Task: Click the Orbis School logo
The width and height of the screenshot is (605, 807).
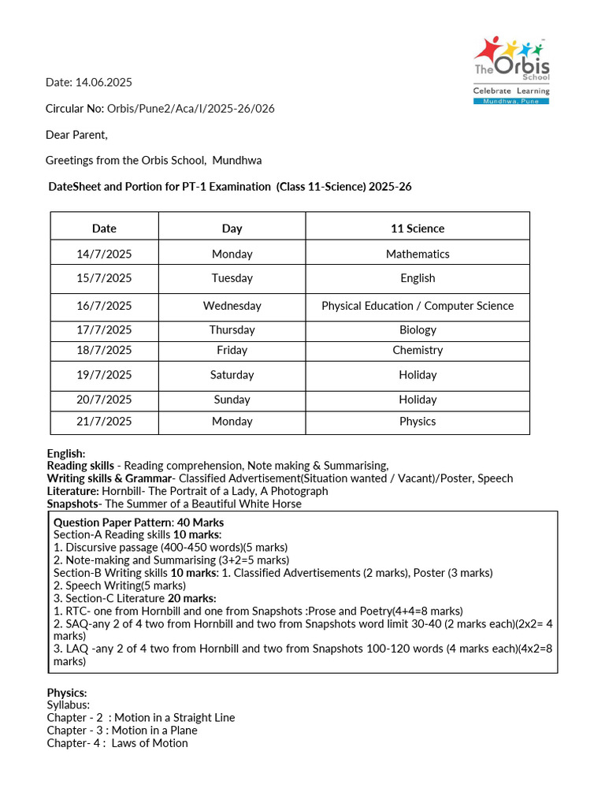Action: (x=511, y=69)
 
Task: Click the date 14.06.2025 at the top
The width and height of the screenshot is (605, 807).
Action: (x=103, y=82)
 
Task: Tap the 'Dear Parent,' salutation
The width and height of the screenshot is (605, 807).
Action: (x=76, y=135)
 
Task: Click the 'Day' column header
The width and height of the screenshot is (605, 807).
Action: (x=232, y=229)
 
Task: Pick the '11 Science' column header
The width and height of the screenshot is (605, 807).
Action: (x=418, y=229)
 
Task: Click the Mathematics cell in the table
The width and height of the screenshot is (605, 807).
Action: (x=418, y=254)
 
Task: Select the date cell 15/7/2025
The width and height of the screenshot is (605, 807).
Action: (x=104, y=278)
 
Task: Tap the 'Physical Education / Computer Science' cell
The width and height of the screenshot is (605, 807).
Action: (x=418, y=306)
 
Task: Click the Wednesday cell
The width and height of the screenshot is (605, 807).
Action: (x=232, y=306)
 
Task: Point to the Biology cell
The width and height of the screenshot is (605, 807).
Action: (x=418, y=330)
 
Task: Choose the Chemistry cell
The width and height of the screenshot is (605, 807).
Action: (x=418, y=350)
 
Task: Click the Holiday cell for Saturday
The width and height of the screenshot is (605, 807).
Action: (x=418, y=375)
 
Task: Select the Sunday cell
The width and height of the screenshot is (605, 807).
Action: (x=232, y=400)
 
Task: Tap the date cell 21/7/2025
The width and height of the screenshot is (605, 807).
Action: (x=104, y=422)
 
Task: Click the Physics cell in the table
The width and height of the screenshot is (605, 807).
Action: (x=418, y=422)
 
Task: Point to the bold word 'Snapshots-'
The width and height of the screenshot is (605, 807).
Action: (x=74, y=504)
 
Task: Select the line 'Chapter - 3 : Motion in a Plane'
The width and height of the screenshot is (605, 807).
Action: (x=122, y=731)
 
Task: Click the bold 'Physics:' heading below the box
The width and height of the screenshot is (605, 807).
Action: (x=67, y=693)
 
